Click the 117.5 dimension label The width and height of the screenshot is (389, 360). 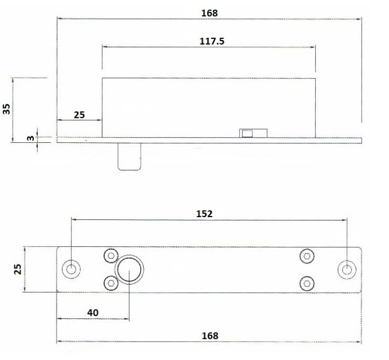click(212, 41)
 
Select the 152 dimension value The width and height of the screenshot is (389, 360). click(204, 214)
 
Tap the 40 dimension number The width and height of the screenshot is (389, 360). click(93, 313)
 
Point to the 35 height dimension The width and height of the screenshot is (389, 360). click(6, 109)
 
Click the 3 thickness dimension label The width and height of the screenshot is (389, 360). click(30, 138)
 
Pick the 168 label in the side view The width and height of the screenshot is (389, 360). click(209, 13)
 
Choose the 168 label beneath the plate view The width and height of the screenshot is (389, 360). click(210, 336)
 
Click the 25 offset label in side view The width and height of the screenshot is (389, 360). click(79, 115)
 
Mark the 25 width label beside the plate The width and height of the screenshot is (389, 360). click(17, 269)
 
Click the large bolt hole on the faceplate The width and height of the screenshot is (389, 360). click(129, 270)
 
